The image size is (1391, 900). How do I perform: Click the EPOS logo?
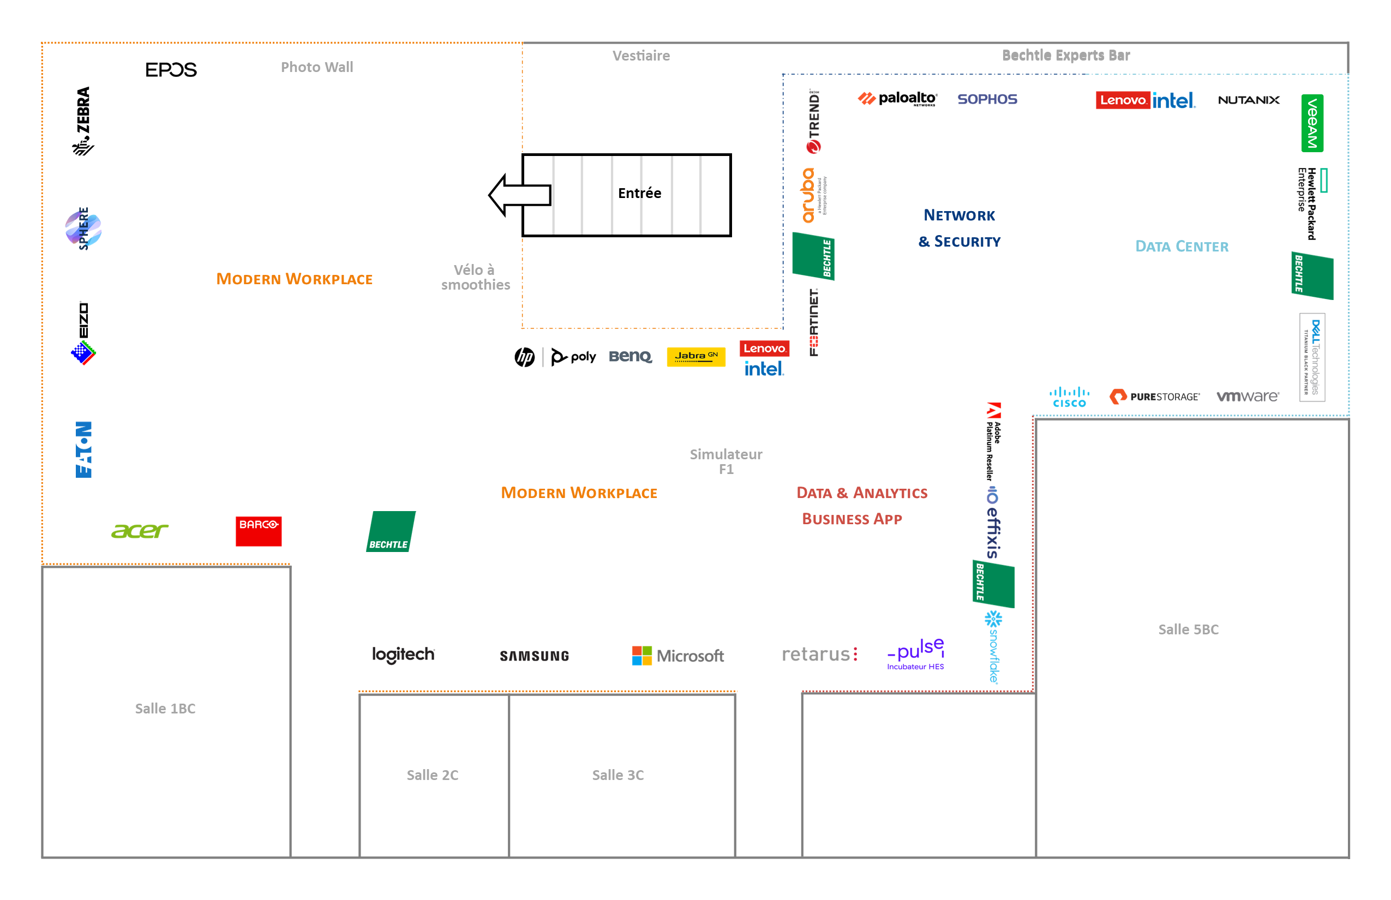tap(171, 70)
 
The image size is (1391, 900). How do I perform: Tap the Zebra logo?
tap(83, 121)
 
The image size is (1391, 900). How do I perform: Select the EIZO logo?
tap(83, 333)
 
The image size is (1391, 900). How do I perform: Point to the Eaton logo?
tap(83, 449)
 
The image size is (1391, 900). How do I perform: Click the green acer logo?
tap(140, 531)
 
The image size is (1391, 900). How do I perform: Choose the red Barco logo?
tap(259, 531)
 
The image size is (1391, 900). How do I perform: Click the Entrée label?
tap(639, 194)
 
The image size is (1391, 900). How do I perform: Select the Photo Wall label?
tap(317, 67)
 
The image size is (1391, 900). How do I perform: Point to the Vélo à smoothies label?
tap(475, 278)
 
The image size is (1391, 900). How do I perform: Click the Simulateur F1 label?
tap(726, 461)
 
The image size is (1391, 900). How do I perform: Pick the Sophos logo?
tap(987, 99)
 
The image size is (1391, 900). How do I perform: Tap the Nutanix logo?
tap(1249, 100)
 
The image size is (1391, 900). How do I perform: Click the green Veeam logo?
tap(1312, 123)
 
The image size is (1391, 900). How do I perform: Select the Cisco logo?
tap(1069, 398)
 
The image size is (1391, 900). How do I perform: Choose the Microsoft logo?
tap(678, 656)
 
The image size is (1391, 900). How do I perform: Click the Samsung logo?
tap(534, 656)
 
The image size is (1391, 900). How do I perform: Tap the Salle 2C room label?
tap(433, 775)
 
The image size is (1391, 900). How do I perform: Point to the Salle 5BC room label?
tap(1188, 629)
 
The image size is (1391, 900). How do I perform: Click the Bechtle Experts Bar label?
tap(1065, 56)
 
